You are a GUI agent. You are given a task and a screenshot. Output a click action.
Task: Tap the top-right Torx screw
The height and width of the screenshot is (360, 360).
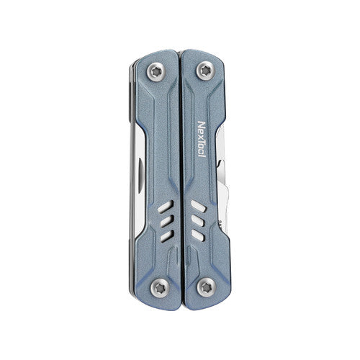coord(204,69)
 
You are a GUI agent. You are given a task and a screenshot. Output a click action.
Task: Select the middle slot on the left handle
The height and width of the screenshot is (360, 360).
coord(166,221)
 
